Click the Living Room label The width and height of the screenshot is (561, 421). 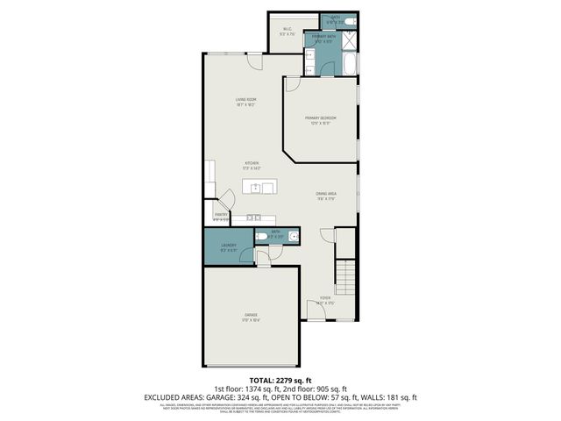coord(245,101)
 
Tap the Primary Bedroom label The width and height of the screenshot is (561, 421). coord(321,119)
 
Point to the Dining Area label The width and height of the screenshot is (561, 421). coord(327,196)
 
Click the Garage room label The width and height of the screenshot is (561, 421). coord(252,315)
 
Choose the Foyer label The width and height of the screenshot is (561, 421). coord(324,299)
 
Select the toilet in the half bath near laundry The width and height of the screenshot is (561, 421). coord(263,236)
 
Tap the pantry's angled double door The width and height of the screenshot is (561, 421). coord(225,200)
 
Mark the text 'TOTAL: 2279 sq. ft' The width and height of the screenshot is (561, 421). coord(280,380)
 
